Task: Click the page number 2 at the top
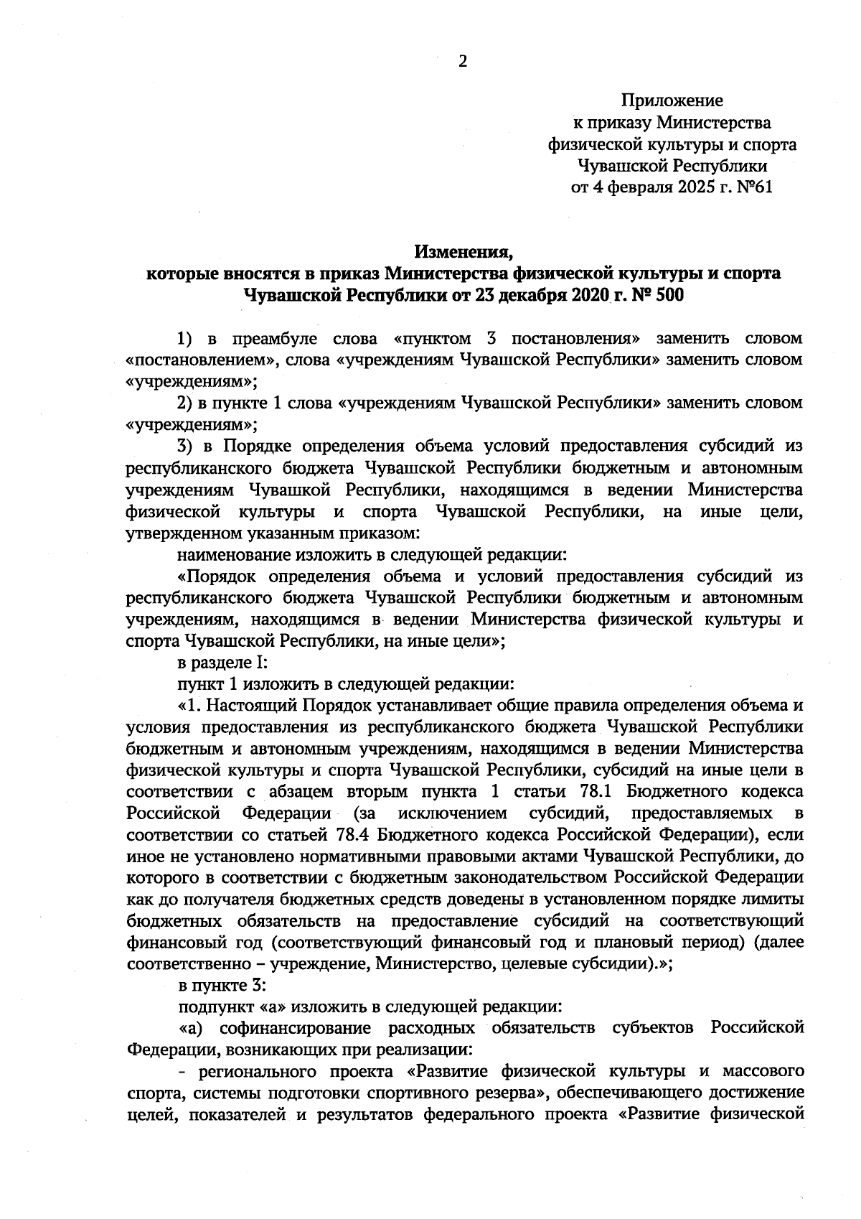click(462, 62)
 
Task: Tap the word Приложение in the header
click(672, 101)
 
